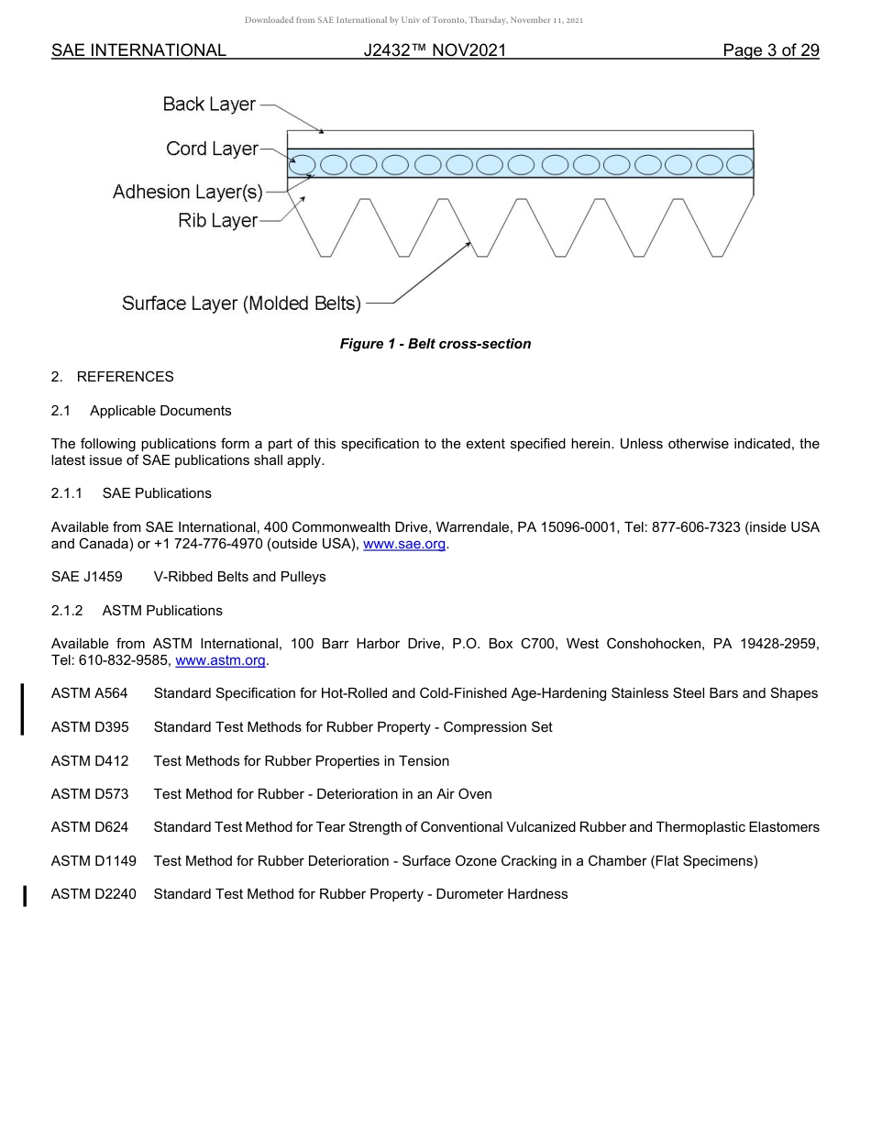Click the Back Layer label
tap(209, 105)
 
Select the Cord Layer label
tap(212, 149)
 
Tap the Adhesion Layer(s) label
tap(187, 193)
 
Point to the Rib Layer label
tap(217, 221)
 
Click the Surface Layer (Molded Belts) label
tap(241, 304)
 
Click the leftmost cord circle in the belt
tap(303, 165)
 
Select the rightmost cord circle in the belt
tap(739, 165)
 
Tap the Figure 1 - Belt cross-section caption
tap(435, 344)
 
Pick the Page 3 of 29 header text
tap(770, 50)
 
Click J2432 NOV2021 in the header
tap(435, 50)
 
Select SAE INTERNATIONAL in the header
tap(138, 50)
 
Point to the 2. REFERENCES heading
tap(112, 377)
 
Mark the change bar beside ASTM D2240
tap(25, 894)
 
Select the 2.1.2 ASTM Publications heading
tap(137, 611)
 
